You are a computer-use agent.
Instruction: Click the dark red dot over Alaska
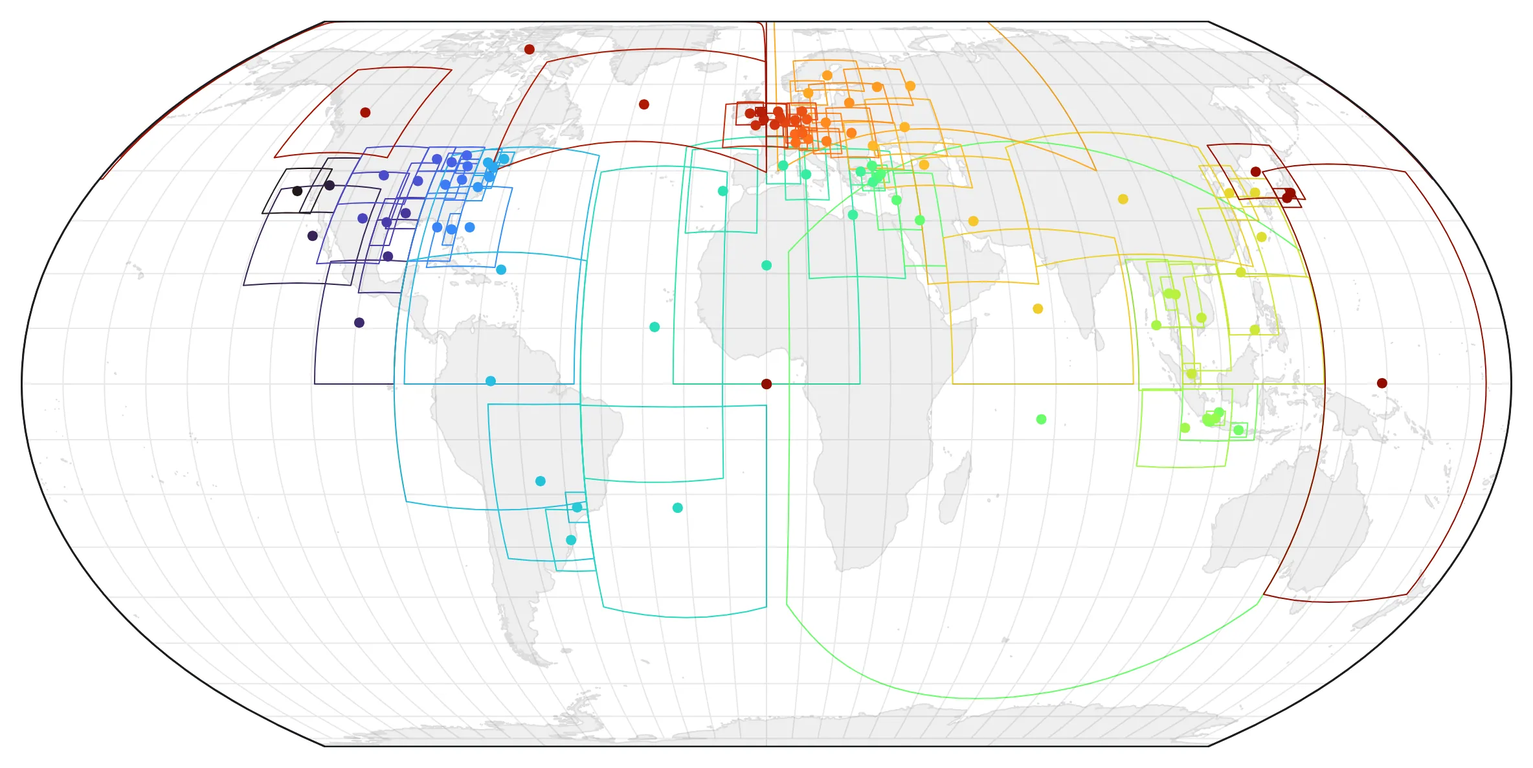(365, 113)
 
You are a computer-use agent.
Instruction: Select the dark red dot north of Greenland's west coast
(529, 49)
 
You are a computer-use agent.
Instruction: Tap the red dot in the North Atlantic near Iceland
(643, 104)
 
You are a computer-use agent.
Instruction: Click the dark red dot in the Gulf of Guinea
(766, 384)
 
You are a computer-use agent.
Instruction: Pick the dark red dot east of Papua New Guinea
(1382, 383)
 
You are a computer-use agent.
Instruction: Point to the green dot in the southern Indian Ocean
(1041, 420)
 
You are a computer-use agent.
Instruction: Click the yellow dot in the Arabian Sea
(1038, 309)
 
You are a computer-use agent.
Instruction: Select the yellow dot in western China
(1123, 199)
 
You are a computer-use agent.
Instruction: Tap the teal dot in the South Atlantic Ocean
(677, 508)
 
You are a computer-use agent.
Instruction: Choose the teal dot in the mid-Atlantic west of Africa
(655, 327)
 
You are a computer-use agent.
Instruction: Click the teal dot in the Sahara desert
(766, 265)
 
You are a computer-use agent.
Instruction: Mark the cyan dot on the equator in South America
(491, 381)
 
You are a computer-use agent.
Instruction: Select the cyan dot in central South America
(541, 481)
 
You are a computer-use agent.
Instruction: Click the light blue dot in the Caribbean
(501, 270)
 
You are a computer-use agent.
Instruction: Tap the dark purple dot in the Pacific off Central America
(359, 322)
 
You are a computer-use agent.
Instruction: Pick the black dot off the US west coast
(297, 191)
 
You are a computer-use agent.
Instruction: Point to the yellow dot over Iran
(973, 221)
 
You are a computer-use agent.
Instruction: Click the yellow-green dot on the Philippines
(1255, 330)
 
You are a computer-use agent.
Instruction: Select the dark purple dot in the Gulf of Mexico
(388, 256)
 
